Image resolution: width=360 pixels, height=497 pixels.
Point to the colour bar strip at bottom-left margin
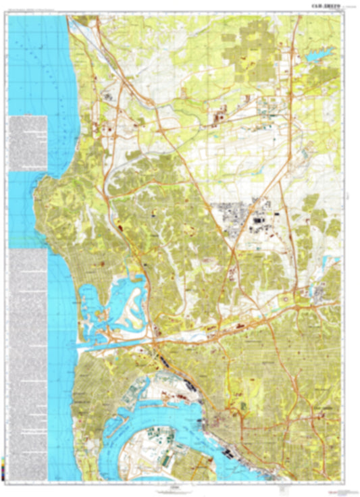[6, 466]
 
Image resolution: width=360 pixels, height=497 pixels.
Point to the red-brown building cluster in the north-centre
[220, 119]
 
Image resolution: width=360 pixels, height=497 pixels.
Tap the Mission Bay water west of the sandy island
[91, 297]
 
